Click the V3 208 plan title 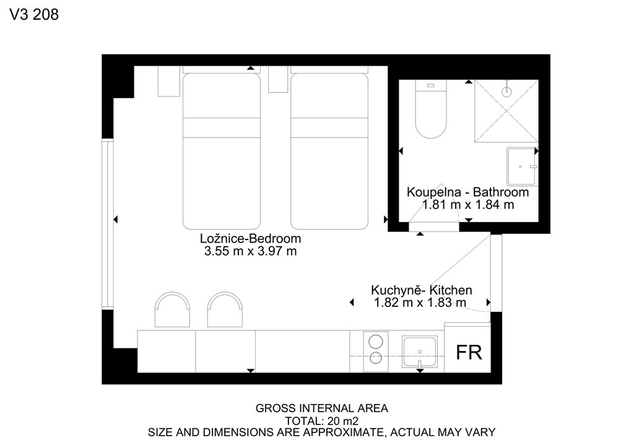[34, 15]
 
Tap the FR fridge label [469, 352]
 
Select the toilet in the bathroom [431, 109]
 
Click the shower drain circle [506, 92]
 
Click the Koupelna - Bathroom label [467, 192]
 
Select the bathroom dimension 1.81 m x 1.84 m [468, 205]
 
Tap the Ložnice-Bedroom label [250, 238]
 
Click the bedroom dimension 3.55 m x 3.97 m [250, 251]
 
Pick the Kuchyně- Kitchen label [421, 290]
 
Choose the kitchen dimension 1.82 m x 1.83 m [420, 303]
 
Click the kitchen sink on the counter [419, 352]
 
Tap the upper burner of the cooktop [376, 342]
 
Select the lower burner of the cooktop [376, 358]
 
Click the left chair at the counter [172, 310]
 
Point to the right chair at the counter [225, 310]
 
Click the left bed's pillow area [222, 96]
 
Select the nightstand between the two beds [278, 79]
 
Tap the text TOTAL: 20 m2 [321, 421]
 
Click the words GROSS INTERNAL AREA [321, 408]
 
